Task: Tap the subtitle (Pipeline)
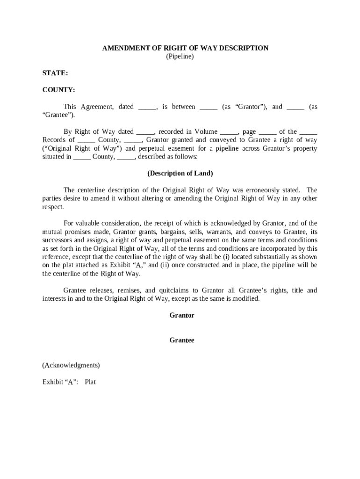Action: click(x=180, y=57)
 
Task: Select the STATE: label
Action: click(x=55, y=73)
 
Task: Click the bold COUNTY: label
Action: click(x=58, y=90)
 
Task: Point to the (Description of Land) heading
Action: click(x=180, y=174)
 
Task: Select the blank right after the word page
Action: click(x=267, y=132)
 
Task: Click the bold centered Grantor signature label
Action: click(x=181, y=315)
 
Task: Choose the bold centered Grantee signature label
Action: click(x=181, y=341)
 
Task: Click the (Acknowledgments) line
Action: click(x=71, y=365)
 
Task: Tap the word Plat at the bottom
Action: click(x=90, y=382)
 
